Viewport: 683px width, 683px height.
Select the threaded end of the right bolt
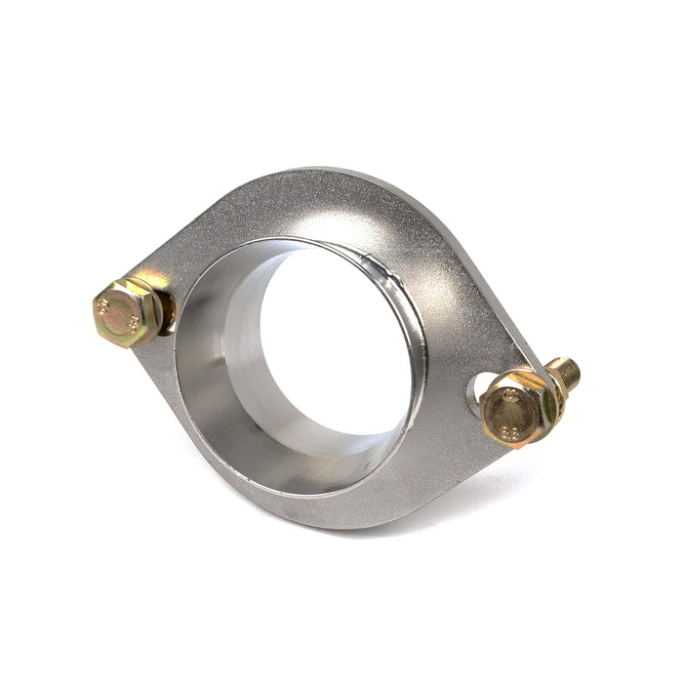[x=566, y=372]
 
